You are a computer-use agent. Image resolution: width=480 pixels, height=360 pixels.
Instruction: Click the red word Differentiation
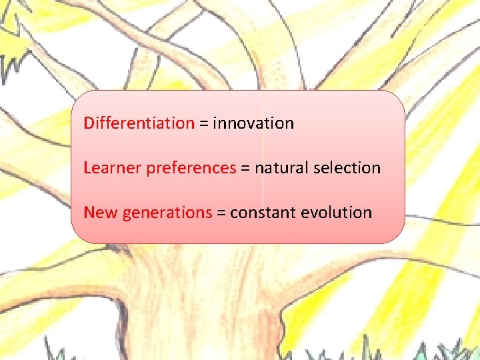click(139, 123)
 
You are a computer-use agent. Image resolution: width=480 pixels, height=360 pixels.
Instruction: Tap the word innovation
click(253, 123)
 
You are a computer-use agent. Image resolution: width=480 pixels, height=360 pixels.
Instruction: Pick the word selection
click(347, 168)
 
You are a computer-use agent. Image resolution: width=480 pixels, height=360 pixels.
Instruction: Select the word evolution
click(337, 213)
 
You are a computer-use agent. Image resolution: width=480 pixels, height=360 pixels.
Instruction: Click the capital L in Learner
click(87, 168)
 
